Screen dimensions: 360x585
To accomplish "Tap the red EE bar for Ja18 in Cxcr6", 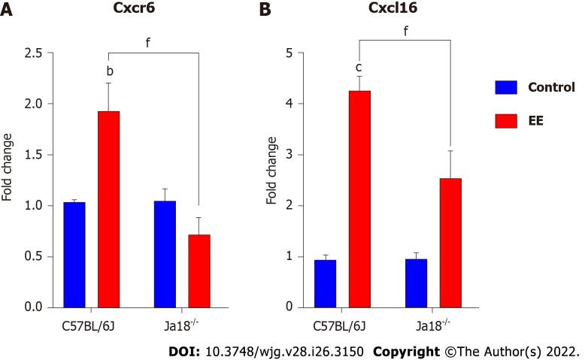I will [199, 271].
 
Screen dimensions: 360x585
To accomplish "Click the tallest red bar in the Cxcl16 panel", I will [359, 198].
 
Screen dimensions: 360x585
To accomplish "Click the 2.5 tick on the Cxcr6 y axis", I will [33, 53].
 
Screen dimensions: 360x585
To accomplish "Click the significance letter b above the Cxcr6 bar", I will [110, 71].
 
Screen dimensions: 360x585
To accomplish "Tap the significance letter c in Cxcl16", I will [359, 67].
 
